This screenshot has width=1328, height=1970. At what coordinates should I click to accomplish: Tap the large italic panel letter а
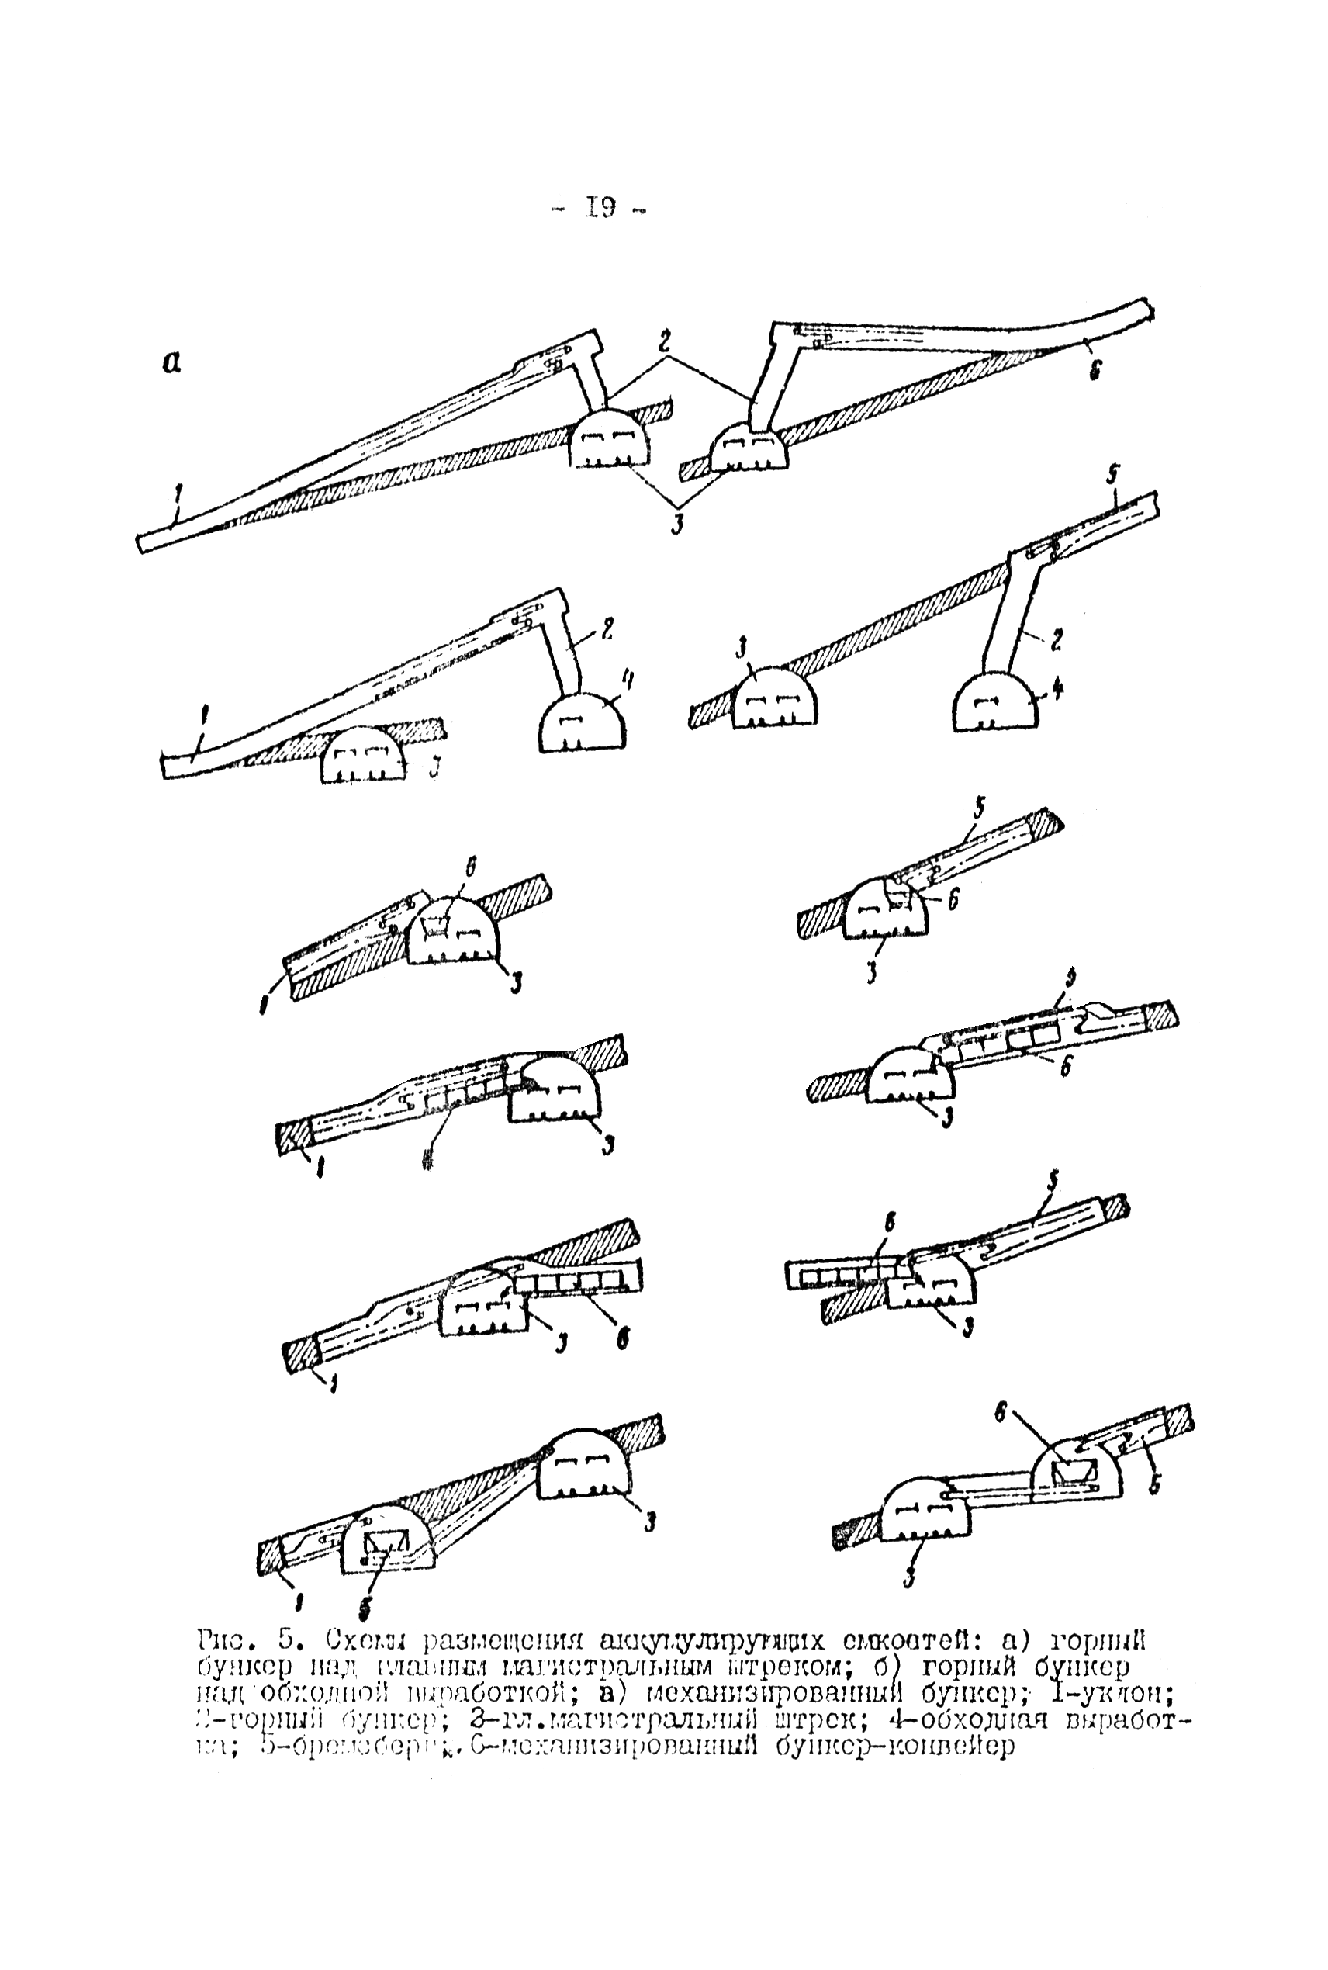[172, 362]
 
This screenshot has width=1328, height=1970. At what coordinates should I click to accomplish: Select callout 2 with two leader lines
[665, 342]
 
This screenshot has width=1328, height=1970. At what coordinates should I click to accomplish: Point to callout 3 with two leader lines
[677, 524]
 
